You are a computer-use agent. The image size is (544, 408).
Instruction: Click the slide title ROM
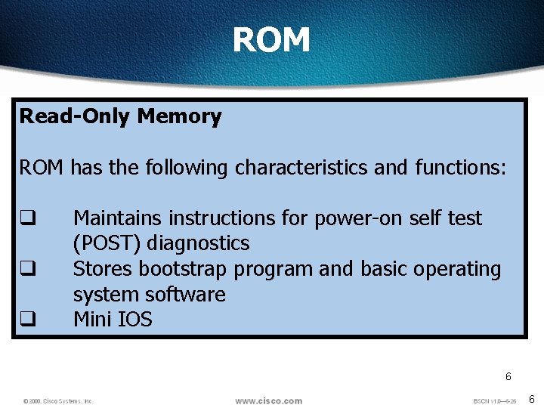coord(271,40)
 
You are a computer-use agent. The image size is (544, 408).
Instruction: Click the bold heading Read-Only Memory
coord(120,116)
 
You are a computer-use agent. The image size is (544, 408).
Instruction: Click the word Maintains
coord(118,218)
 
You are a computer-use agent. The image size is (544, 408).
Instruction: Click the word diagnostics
coord(198,244)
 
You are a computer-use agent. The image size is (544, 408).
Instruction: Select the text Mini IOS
coord(113,320)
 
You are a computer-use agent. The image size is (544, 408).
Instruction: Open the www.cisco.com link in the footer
coord(268,400)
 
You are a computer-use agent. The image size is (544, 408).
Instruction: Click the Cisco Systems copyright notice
coord(58,401)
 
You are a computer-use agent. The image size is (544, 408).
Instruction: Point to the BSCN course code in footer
coord(494,401)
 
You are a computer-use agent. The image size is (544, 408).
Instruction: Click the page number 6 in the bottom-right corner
coord(531,399)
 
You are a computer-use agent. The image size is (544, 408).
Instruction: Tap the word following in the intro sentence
coord(186,168)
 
